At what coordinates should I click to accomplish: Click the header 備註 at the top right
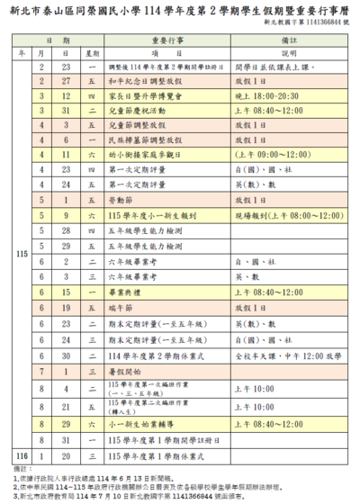(x=288, y=41)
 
